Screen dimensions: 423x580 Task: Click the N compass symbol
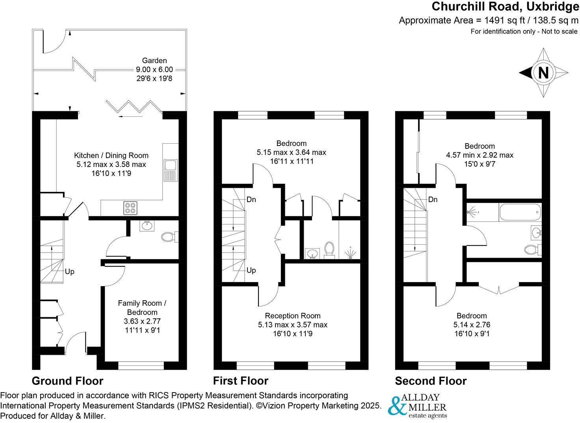pos(543,73)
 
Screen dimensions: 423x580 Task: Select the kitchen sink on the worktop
pos(171,170)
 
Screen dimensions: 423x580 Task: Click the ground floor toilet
pos(169,237)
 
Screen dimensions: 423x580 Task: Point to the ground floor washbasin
pos(147,226)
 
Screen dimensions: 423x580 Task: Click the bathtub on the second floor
pos(520,212)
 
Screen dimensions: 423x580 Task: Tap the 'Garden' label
pos(154,60)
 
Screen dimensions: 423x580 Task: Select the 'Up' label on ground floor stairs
pos(69,271)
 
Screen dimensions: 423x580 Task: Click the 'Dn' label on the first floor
pos(251,199)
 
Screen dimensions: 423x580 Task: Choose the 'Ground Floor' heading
pos(67,381)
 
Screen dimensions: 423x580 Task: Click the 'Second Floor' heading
pos(431,381)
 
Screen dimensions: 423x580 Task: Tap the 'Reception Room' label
pos(292,316)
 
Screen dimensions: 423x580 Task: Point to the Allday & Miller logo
pos(418,406)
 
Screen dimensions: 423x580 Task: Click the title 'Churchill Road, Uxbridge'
pos(505,7)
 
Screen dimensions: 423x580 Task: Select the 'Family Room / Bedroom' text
pos(142,307)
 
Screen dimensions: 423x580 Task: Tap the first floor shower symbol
pos(350,253)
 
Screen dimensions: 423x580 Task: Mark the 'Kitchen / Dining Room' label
pos(111,155)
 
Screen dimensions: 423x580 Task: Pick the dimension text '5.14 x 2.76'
pos(472,325)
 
